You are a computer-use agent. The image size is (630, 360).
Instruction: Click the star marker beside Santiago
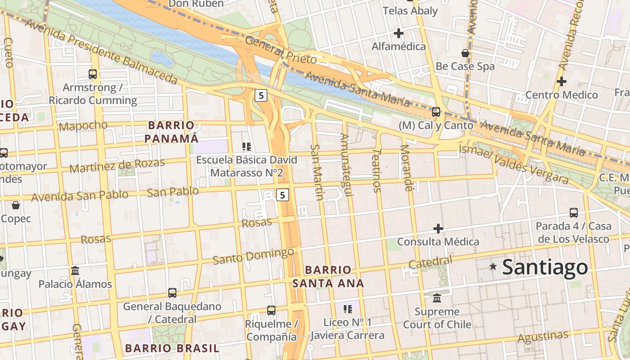click(x=493, y=267)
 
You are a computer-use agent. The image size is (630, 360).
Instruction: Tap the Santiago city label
click(x=544, y=267)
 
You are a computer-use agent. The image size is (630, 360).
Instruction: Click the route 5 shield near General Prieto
click(x=261, y=95)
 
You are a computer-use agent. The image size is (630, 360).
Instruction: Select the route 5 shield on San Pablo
click(x=282, y=195)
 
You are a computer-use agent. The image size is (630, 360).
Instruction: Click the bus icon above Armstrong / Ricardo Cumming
click(x=93, y=74)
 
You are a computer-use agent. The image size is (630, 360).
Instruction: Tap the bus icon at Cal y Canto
click(x=436, y=112)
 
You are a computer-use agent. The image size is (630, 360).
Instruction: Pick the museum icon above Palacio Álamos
click(x=75, y=271)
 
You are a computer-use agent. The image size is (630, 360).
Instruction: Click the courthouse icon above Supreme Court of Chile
click(x=436, y=298)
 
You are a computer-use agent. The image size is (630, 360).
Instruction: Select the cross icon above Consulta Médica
click(x=438, y=229)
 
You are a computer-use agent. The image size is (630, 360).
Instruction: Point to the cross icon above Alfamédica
click(x=398, y=33)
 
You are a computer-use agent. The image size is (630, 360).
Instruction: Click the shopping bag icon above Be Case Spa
click(x=465, y=53)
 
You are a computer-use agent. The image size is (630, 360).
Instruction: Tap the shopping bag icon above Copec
click(x=16, y=205)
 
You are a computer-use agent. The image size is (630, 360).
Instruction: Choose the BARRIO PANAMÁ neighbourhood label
click(x=171, y=131)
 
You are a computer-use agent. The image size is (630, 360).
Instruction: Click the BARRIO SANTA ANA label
click(x=328, y=276)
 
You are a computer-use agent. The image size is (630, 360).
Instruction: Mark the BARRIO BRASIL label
click(x=172, y=348)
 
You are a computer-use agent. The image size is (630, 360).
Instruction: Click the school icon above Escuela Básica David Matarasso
click(x=246, y=146)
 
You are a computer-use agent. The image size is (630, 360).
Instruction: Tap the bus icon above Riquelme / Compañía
click(x=271, y=310)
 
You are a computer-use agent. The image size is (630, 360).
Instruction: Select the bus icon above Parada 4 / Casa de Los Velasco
click(x=573, y=212)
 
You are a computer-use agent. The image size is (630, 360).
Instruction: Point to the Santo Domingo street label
click(x=253, y=256)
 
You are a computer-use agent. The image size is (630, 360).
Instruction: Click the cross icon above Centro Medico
click(x=561, y=81)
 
